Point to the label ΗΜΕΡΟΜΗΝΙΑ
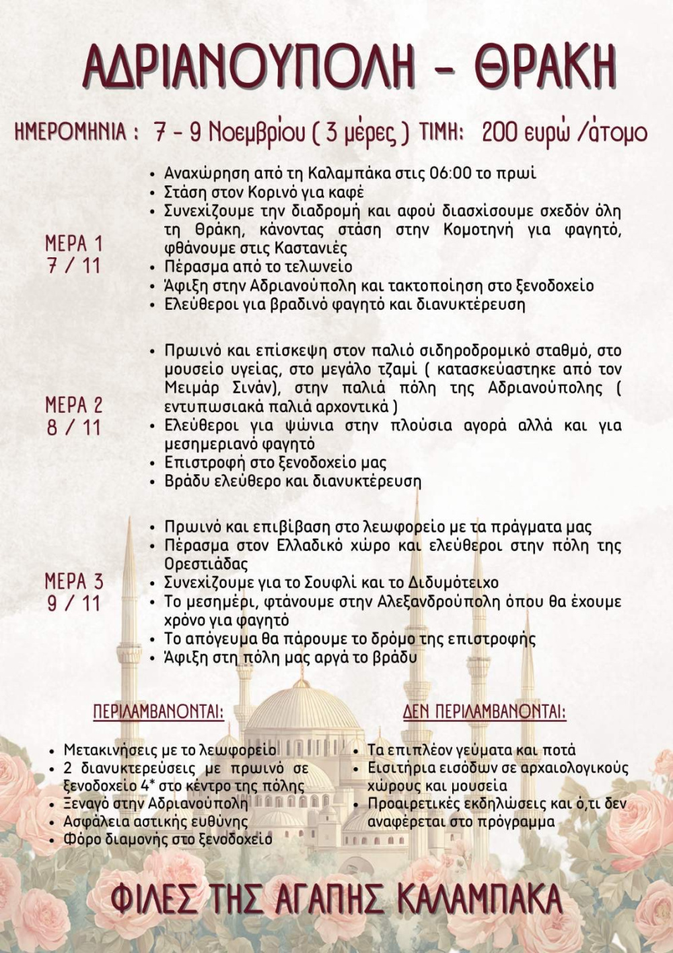click(x=71, y=132)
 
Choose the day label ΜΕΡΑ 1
click(x=74, y=243)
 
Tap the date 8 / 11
click(x=74, y=428)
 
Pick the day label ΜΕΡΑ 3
click(x=74, y=581)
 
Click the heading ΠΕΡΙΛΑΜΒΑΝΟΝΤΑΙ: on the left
click(x=158, y=712)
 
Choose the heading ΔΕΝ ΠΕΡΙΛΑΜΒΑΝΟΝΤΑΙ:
click(x=485, y=712)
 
